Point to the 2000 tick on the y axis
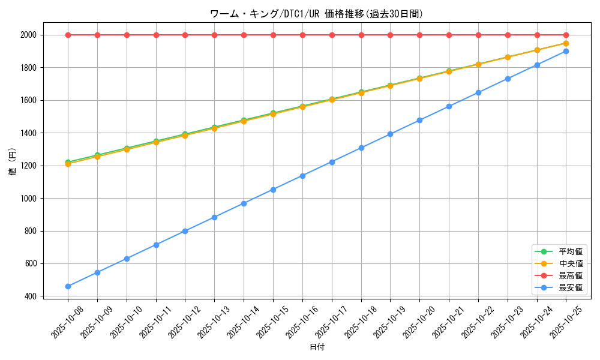click(x=28, y=35)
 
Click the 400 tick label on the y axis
click(x=30, y=296)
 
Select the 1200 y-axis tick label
click(x=28, y=166)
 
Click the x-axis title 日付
click(x=317, y=347)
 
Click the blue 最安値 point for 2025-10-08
click(x=68, y=286)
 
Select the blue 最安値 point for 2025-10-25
click(x=566, y=51)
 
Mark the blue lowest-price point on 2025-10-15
click(x=273, y=190)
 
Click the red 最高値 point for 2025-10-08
click(x=68, y=35)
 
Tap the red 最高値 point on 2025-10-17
click(x=332, y=35)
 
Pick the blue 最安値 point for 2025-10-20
click(x=419, y=120)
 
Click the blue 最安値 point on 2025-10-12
click(x=185, y=231)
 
